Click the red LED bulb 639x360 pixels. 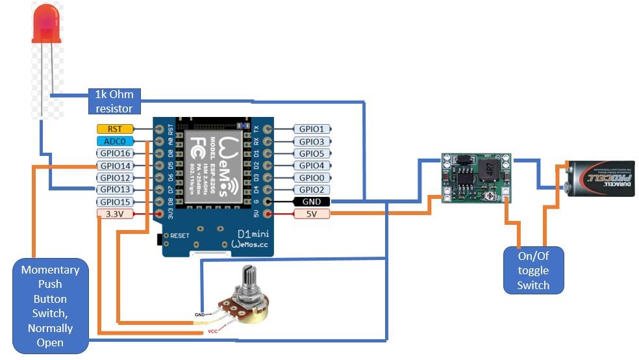coord(47,23)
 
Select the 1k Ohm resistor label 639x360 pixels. coord(114,102)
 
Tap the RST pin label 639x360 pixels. coord(114,129)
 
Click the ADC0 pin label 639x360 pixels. coord(115,141)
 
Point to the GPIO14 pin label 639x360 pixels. coord(115,166)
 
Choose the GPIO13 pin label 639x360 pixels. coord(115,189)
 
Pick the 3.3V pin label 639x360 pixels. coord(115,213)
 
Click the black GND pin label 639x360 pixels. coord(312,201)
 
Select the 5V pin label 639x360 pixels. coord(312,214)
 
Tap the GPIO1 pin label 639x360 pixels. coord(312,129)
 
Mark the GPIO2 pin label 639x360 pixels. coord(312,189)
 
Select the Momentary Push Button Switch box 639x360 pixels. coord(50,306)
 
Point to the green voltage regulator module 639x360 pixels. coord(476,178)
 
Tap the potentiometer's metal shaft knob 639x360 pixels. coord(248,279)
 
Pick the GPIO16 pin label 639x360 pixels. coord(115,153)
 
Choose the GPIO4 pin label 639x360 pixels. coord(312,166)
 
